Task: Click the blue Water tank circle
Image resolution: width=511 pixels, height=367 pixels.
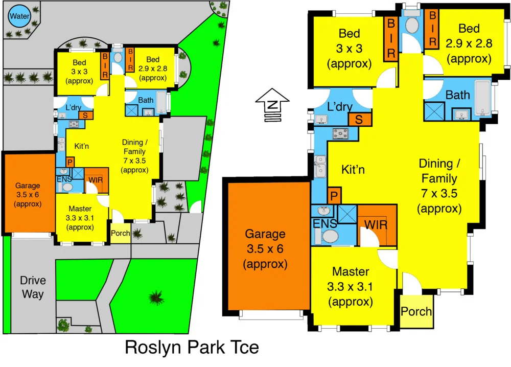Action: (19, 16)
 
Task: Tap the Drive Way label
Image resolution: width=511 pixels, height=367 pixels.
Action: (33, 287)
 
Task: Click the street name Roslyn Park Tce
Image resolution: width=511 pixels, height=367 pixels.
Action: (192, 348)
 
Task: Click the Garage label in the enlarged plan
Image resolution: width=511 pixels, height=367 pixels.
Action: (265, 249)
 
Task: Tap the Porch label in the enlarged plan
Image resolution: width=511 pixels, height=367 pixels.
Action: (416, 311)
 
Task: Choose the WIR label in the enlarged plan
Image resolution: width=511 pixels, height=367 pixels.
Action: (376, 224)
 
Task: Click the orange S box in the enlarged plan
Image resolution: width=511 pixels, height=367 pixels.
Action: (359, 120)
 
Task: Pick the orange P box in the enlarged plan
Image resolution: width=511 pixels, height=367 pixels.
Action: (334, 196)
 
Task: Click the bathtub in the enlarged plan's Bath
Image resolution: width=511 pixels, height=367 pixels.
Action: (482, 97)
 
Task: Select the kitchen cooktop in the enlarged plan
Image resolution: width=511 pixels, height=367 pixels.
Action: (341, 134)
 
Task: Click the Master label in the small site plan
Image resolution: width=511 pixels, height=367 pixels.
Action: (80, 218)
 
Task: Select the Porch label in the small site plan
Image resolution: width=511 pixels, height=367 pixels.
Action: (121, 234)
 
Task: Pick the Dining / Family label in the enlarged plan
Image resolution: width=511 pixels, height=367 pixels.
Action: (439, 186)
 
